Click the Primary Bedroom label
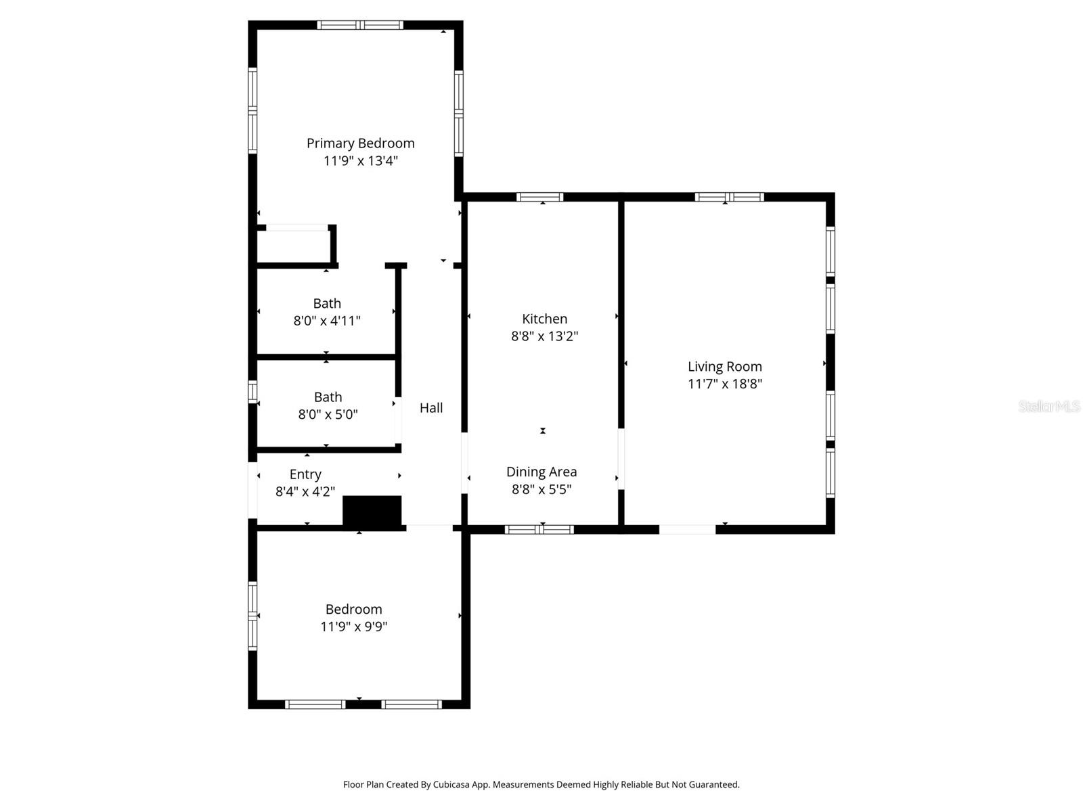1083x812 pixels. tap(360, 143)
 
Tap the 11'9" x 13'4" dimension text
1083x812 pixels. tap(360, 161)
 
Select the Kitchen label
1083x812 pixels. tap(544, 319)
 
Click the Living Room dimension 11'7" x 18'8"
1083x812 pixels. tap(725, 384)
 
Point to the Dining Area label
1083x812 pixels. tap(541, 472)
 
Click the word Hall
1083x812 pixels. tap(431, 407)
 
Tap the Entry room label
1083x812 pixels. tap(305, 474)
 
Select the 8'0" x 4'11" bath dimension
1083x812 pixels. tap(327, 321)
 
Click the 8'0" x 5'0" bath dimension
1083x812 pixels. tap(328, 414)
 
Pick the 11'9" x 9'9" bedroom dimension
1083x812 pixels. tap(353, 627)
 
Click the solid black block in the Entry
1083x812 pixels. tap(372, 511)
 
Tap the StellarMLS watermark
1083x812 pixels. tap(1048, 406)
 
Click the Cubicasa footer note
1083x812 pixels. tap(541, 785)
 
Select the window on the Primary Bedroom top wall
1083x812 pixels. tap(360, 25)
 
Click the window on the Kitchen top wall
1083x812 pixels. tap(539, 197)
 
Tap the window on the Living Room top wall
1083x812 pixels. tap(729, 197)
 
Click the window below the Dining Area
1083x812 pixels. tap(539, 530)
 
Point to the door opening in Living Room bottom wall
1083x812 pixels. tap(687, 530)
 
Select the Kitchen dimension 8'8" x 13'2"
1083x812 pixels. tap(544, 336)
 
